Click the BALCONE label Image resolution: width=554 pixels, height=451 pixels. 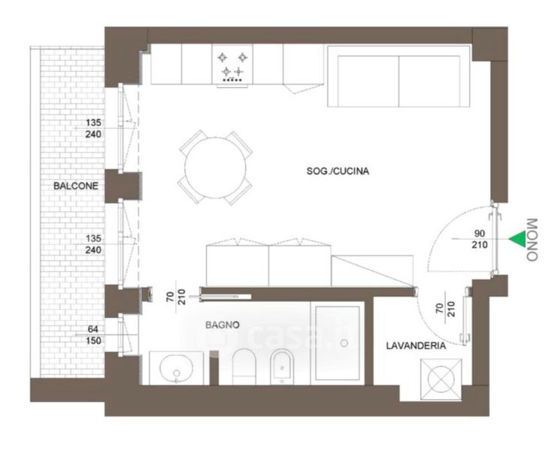(x=76, y=186)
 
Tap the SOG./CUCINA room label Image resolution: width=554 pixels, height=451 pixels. (x=338, y=171)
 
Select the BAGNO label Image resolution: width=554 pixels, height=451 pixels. (x=223, y=325)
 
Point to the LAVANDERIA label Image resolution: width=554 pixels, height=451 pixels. (x=416, y=346)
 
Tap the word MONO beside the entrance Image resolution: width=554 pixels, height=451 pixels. (x=532, y=240)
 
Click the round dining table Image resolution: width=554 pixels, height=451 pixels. (x=216, y=168)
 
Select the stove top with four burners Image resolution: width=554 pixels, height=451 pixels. (x=232, y=65)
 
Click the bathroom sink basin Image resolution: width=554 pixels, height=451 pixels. (x=177, y=368)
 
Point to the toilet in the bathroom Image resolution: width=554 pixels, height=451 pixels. (x=244, y=367)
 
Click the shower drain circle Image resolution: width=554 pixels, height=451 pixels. (x=344, y=343)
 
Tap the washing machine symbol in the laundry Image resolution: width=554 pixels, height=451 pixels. (x=441, y=380)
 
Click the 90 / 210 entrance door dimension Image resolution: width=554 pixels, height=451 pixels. (x=480, y=239)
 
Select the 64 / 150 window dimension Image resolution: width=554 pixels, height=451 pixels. (x=93, y=335)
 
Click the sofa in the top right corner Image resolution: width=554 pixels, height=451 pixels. (x=398, y=76)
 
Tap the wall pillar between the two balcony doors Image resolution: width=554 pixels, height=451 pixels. (x=123, y=186)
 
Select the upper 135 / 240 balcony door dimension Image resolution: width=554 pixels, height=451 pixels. (x=93, y=129)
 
